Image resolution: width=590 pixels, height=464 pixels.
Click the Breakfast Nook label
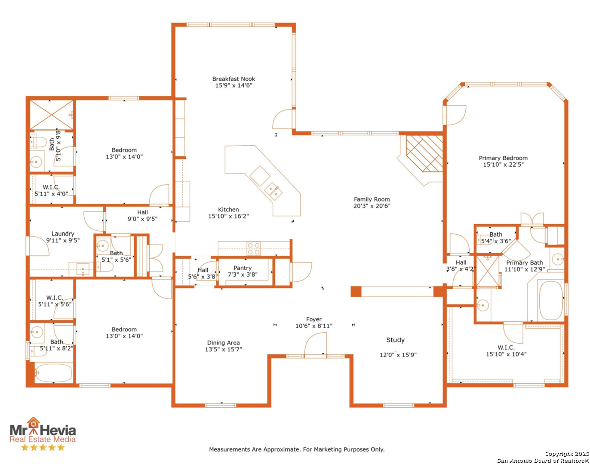234,79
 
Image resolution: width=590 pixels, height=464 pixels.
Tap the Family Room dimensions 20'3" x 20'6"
372,206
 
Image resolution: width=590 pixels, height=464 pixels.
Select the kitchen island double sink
273,191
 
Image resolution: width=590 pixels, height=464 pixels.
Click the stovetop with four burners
254,248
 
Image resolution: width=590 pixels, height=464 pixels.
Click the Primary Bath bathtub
550,300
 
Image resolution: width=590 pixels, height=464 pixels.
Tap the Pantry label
243,268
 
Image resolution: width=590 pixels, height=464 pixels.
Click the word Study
395,340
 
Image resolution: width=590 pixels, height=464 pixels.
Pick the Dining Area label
224,343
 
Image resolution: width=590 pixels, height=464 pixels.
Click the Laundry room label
63,234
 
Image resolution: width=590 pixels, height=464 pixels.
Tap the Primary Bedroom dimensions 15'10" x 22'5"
503,165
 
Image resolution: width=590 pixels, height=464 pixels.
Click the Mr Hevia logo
43,430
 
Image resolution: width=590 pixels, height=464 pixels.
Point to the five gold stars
43,448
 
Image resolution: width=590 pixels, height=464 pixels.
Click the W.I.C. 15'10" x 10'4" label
506,351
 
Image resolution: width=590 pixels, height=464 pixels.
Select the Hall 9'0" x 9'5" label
142,216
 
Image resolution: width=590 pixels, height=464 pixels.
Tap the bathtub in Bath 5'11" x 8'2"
54,373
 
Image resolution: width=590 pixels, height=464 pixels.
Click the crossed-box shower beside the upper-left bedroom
52,115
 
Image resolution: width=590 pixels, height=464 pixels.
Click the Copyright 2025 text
567,454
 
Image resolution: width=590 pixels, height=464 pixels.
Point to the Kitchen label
228,210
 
